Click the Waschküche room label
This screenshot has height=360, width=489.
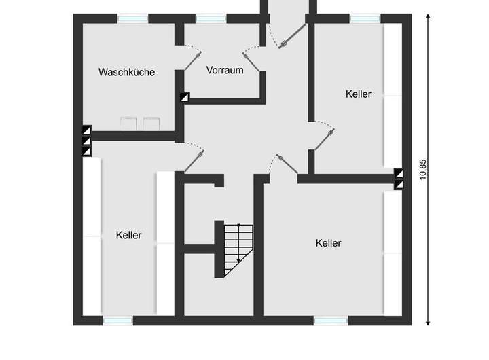click(126, 72)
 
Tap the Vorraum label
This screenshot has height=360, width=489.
click(225, 70)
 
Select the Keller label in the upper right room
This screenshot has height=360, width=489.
click(358, 94)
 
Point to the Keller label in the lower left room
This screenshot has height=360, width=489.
click(129, 235)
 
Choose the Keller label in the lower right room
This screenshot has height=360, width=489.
click(328, 242)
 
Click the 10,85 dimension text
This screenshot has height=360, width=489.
click(423, 170)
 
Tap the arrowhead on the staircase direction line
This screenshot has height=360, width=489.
click(238, 259)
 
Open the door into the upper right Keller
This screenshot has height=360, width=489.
click(323, 139)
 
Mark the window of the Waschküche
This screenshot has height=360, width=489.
click(133, 18)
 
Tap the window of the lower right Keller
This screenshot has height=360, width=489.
click(331, 320)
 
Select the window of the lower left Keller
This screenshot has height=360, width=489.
click(117, 320)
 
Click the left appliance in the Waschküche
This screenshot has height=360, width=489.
click(128, 124)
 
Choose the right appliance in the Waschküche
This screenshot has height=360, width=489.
click(150, 124)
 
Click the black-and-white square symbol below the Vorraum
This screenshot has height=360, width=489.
click(184, 97)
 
